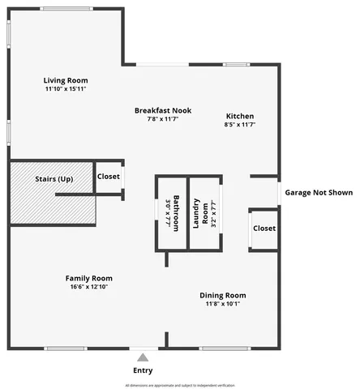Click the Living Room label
coord(66,80)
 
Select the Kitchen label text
coord(240,116)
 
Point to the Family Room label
coord(88,278)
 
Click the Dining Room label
coord(222,295)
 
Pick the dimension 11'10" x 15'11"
coord(66,89)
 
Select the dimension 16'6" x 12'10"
coord(88,287)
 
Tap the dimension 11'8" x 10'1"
coord(222,304)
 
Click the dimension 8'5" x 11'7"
coord(240,125)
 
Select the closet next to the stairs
coord(109,177)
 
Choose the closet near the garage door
coord(264,229)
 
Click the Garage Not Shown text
coord(319,193)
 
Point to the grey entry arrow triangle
coord(143,357)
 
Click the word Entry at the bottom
coord(143,371)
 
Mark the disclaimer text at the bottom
coord(179,385)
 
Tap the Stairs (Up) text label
coord(54,178)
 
